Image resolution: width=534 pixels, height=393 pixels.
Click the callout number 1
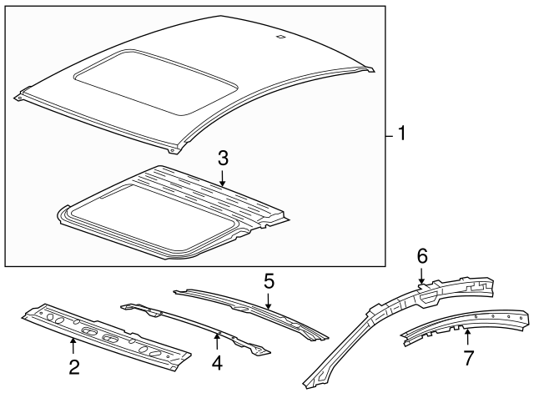401,134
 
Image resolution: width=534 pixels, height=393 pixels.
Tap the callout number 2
73,365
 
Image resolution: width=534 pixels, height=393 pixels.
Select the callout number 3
223,158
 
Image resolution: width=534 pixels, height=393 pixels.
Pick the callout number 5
269,281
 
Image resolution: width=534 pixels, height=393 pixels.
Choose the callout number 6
421,255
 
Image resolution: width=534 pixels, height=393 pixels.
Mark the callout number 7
468,359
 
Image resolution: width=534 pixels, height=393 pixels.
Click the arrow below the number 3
223,177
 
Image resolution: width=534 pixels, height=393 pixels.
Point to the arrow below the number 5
269,301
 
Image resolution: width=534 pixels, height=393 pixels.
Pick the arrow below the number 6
421,275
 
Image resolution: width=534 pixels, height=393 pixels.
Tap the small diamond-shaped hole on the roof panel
280,37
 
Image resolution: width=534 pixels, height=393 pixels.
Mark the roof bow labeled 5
250,310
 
